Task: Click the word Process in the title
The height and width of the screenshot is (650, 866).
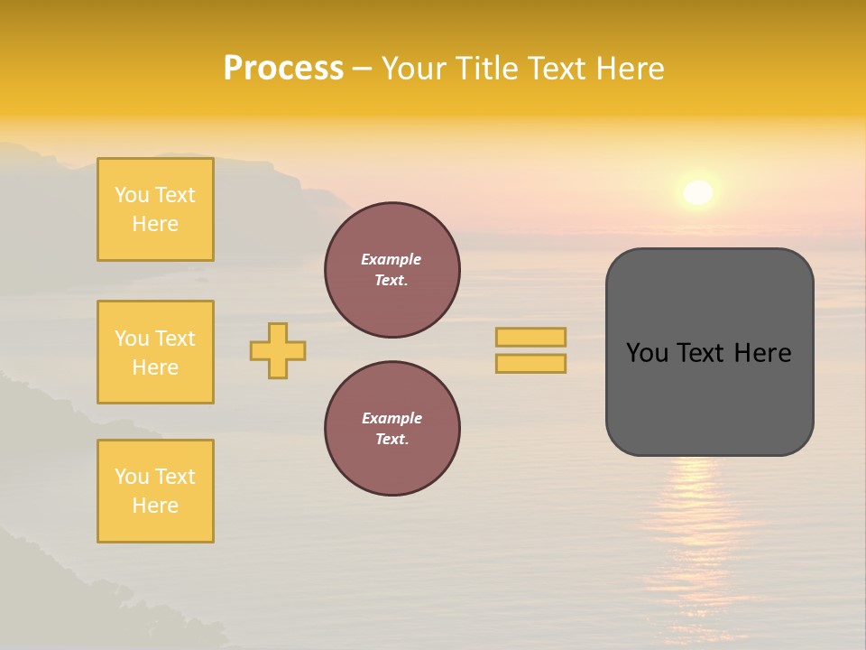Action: pyautogui.click(x=283, y=69)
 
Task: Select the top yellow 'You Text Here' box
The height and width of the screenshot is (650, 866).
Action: pyautogui.click(x=155, y=209)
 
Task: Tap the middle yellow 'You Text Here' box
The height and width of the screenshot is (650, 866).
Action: pyautogui.click(x=155, y=352)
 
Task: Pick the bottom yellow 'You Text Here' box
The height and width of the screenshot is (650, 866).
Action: pyautogui.click(x=155, y=491)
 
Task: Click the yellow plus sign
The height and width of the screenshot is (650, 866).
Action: pyautogui.click(x=278, y=350)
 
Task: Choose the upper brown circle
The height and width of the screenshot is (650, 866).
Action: pyautogui.click(x=392, y=270)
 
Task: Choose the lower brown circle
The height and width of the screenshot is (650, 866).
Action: pyautogui.click(x=392, y=429)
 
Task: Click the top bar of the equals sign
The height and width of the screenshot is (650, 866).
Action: pyautogui.click(x=530, y=337)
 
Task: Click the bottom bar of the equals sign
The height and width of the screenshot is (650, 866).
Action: pyautogui.click(x=530, y=364)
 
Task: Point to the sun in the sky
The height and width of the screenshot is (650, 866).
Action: pyautogui.click(x=697, y=192)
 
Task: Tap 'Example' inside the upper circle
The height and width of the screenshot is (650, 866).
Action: pyautogui.click(x=392, y=259)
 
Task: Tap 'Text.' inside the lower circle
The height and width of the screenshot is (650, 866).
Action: pyautogui.click(x=392, y=440)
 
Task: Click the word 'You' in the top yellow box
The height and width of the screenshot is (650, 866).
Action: pyautogui.click(x=132, y=195)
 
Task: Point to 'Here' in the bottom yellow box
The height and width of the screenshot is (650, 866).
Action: pyautogui.click(x=155, y=506)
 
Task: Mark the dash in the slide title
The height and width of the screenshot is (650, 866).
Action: pyautogui.click(x=362, y=69)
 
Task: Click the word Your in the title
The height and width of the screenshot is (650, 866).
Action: pyautogui.click(x=415, y=69)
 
